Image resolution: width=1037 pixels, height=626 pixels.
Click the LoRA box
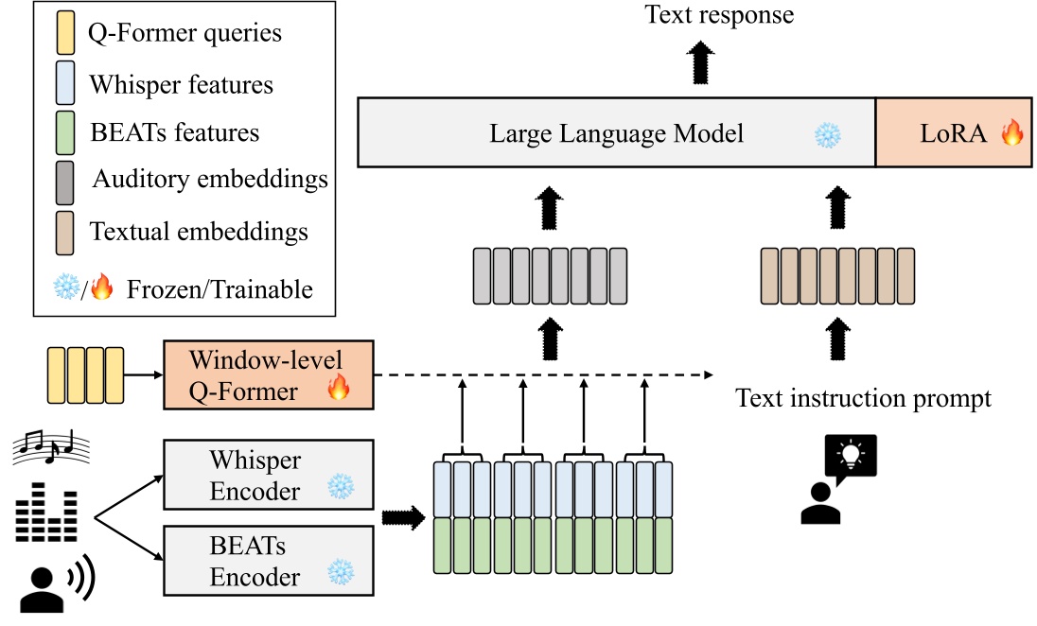coord(953,133)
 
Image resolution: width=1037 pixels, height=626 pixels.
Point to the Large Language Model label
coord(616,134)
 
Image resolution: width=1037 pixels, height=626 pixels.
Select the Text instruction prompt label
coord(863,398)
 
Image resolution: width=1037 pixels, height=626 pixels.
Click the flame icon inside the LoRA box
coord(1011,133)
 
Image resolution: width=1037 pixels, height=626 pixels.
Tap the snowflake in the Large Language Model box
coord(827,134)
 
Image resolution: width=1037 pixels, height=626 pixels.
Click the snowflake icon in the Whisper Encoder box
coord(339,488)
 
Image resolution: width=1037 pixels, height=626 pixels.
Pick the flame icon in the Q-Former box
coord(338,388)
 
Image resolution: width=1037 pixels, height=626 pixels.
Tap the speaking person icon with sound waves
coord(56,585)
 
